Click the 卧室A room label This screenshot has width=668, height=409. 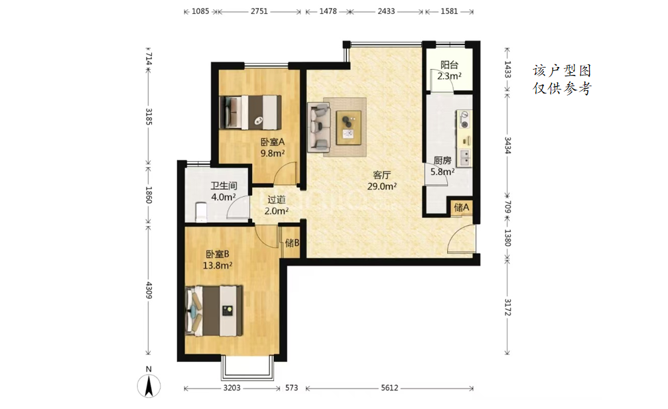273,142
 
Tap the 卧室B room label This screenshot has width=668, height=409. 218,254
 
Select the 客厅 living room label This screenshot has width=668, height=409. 381,175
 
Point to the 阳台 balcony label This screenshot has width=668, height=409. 450,65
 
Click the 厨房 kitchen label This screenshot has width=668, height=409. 442,160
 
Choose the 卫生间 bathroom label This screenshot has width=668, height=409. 224,186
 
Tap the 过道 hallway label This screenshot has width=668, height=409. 277,199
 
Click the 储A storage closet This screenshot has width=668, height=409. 462,207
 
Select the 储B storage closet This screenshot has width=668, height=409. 292,243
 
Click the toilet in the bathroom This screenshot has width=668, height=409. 201,212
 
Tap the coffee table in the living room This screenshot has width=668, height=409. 349,127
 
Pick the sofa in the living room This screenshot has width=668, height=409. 319,127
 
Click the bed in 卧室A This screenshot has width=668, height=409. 250,112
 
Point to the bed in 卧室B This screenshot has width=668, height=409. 214,311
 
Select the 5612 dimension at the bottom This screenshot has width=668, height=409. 389,388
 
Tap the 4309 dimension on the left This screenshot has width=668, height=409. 149,290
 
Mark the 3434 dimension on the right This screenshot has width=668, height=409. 507,145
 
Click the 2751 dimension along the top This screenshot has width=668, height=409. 259,11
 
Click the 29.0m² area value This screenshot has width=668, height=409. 382,186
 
